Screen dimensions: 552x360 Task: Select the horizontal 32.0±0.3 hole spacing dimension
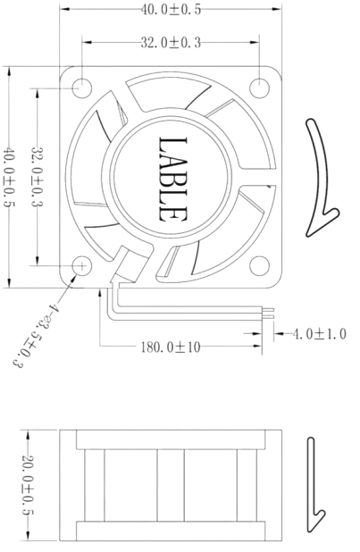tap(171, 41)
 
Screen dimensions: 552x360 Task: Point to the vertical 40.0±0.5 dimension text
tap(12, 177)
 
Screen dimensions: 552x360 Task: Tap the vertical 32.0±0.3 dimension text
tap(39, 177)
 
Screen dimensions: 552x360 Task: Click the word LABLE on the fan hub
tap(172, 178)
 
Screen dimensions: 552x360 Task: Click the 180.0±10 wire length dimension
tap(170, 347)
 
